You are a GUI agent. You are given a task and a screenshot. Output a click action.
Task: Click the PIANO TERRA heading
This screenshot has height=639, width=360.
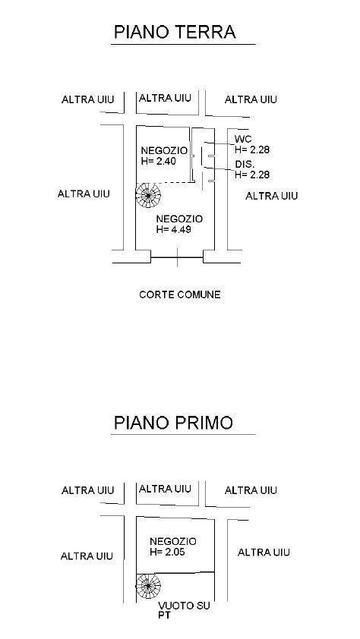[175, 32]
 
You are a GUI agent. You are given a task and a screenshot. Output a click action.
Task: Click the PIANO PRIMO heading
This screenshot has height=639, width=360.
[173, 423]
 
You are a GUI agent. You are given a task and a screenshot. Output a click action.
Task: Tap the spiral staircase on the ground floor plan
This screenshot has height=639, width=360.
[148, 195]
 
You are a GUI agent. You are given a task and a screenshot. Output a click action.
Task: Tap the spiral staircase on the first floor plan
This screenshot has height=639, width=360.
[148, 586]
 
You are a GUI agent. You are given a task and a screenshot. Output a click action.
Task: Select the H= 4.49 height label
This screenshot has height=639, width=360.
[174, 229]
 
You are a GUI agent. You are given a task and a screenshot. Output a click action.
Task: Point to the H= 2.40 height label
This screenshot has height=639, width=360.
[159, 161]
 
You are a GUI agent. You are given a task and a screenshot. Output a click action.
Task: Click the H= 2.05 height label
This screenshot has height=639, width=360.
[167, 552]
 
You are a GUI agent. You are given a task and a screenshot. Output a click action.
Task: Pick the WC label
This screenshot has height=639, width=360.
[243, 140]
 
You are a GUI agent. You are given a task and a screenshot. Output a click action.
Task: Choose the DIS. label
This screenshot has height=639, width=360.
[245, 165]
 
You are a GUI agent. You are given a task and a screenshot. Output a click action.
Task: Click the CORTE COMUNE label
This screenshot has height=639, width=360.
[180, 294]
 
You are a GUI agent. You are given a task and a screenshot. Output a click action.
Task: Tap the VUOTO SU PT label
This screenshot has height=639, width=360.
[185, 610]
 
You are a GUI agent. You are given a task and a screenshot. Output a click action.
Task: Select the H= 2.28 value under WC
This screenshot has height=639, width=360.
[252, 150]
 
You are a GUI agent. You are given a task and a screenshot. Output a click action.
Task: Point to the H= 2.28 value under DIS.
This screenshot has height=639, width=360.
[252, 175]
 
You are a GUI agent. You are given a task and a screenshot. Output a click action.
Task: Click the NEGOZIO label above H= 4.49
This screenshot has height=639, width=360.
[179, 219]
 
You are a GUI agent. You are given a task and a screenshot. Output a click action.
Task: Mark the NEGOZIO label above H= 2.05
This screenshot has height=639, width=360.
[173, 542]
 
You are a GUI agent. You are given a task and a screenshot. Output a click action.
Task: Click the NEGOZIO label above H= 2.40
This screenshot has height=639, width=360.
[164, 150]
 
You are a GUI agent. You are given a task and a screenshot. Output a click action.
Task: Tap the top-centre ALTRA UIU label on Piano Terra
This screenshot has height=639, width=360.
[165, 98]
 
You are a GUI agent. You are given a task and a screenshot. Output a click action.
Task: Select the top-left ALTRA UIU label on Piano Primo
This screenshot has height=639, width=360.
[87, 490]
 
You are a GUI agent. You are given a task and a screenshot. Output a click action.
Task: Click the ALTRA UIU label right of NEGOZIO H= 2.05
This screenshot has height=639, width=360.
[264, 552]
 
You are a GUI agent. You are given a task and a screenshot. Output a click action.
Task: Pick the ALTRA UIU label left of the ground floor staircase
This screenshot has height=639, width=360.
[84, 194]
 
